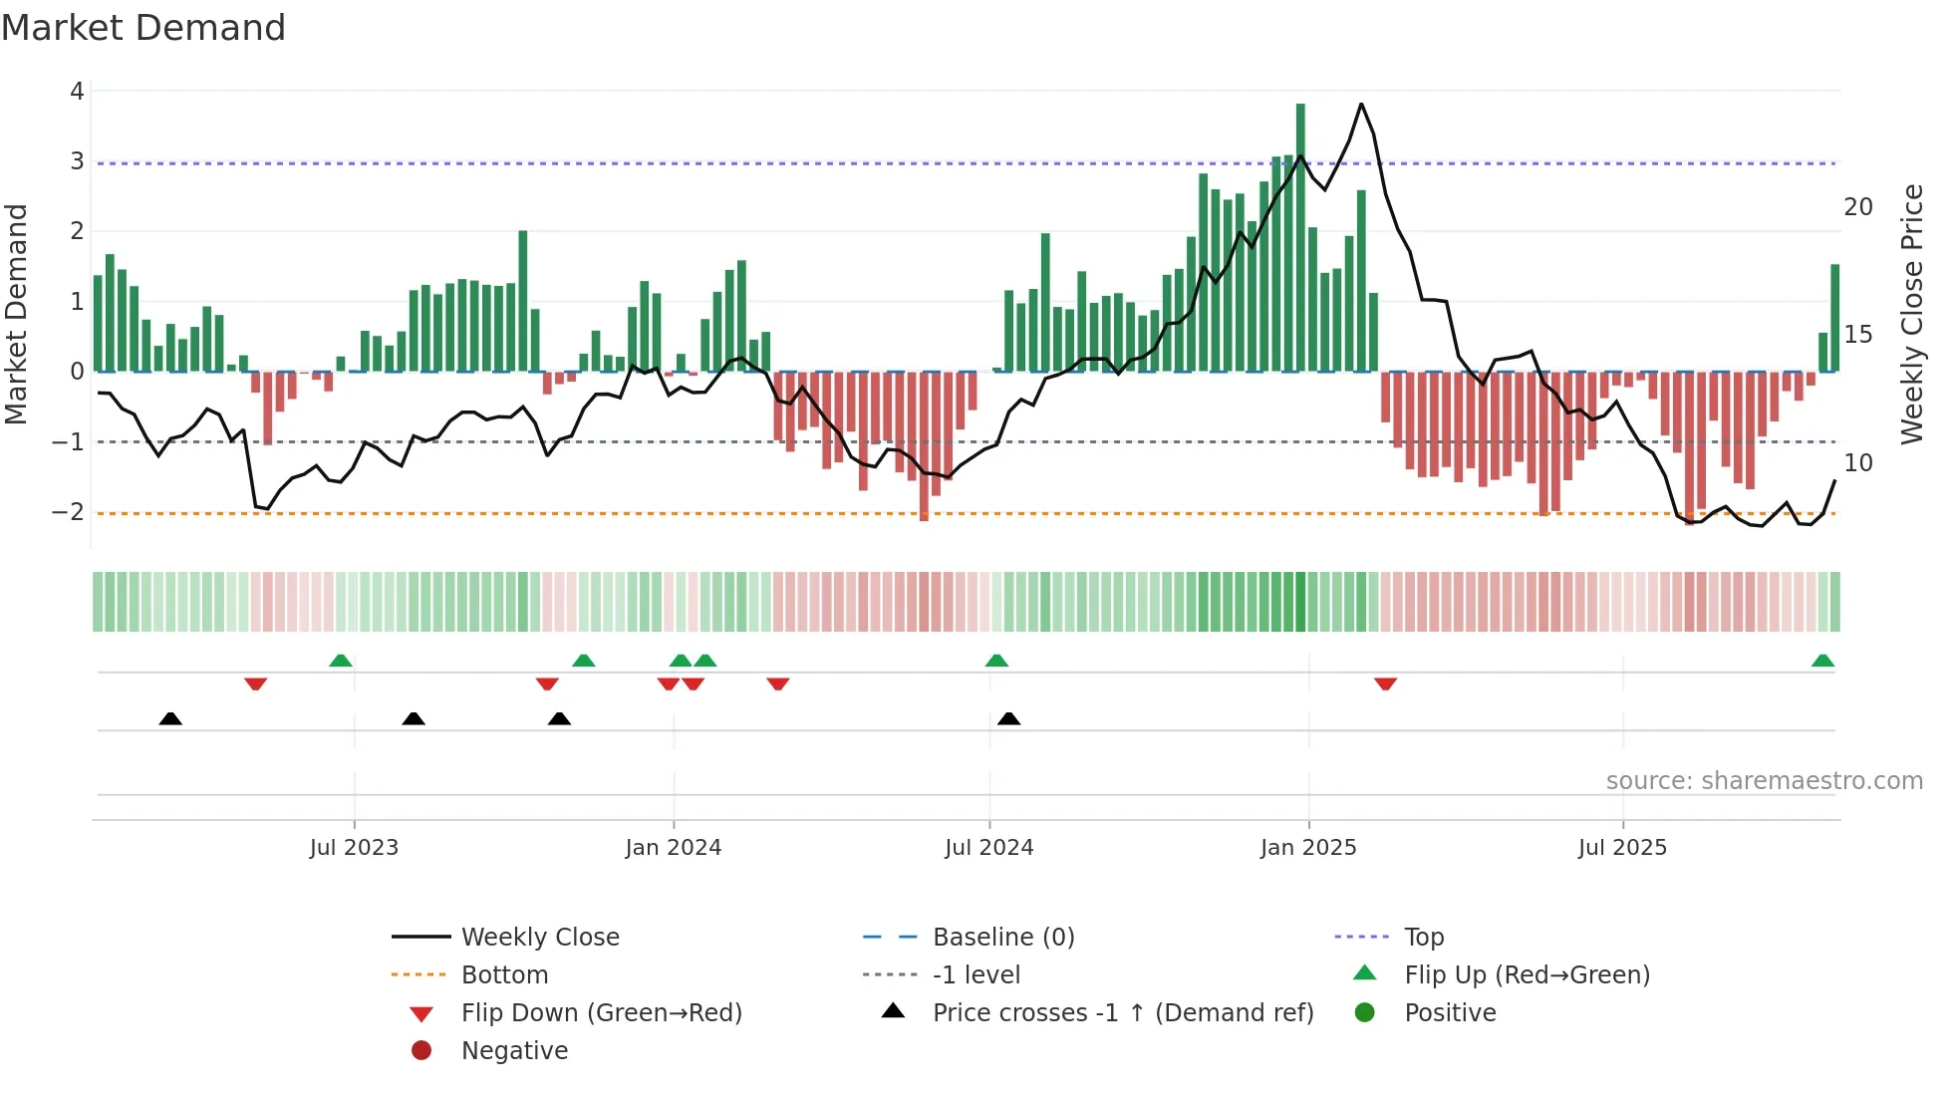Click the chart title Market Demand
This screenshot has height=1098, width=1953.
143,28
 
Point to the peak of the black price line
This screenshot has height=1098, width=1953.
1361,104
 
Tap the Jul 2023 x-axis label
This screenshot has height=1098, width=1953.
354,848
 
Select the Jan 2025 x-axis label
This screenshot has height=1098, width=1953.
1308,848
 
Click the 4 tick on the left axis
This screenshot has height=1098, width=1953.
77,92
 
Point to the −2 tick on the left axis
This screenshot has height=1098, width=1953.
69,512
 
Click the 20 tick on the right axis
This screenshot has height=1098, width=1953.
1857,207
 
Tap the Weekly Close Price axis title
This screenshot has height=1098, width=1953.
1911,314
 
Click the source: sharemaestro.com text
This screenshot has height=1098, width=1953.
1764,781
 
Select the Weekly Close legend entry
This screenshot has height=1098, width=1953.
539,938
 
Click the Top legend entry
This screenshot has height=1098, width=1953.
1423,938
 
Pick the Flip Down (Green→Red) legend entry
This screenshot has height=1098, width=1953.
601,1013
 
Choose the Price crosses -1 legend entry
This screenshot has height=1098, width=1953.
1122,1013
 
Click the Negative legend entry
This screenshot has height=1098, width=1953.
514,1051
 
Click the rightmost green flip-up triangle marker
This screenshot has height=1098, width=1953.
1822,661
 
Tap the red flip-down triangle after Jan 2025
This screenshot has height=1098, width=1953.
1385,684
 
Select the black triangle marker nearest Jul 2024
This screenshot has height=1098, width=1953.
1009,718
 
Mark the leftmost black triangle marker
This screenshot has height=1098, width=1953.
170,718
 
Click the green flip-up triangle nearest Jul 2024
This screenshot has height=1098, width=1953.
996,661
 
